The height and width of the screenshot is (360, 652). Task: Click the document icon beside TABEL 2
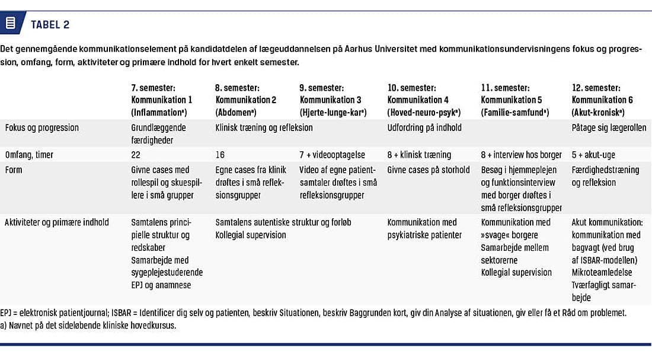tap(10, 24)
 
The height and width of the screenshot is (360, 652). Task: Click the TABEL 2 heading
tap(50, 24)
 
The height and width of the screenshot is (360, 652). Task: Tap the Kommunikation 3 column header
tap(330, 100)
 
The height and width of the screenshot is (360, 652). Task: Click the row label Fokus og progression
tap(41, 128)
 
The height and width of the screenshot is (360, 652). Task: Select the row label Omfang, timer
tap(29, 155)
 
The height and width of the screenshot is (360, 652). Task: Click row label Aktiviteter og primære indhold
tap(56, 222)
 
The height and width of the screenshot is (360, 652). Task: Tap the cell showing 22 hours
tap(136, 155)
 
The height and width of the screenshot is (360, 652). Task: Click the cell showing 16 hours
tap(220, 155)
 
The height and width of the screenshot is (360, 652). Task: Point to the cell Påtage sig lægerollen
tap(609, 128)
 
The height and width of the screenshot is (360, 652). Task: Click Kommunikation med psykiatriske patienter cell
tap(422, 228)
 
